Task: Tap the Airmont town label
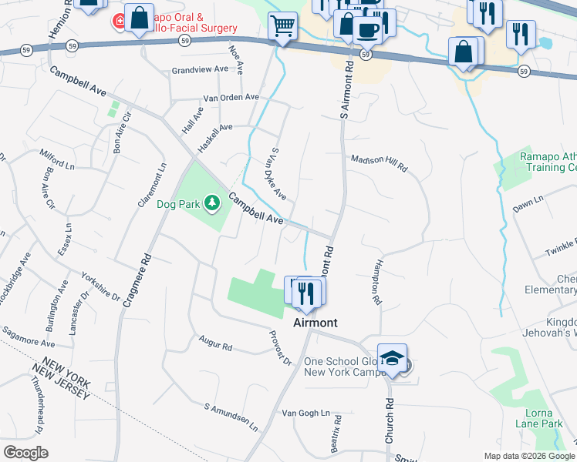(x=315, y=323)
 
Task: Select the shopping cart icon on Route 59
(x=283, y=28)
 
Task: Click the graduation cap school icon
(x=393, y=358)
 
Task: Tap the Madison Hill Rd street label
(x=379, y=161)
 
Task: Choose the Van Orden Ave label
(x=231, y=98)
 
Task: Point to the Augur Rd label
(x=215, y=346)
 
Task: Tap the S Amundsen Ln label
(x=231, y=416)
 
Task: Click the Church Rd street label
(x=390, y=420)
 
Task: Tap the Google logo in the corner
(x=25, y=453)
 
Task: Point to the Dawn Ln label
(x=528, y=204)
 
